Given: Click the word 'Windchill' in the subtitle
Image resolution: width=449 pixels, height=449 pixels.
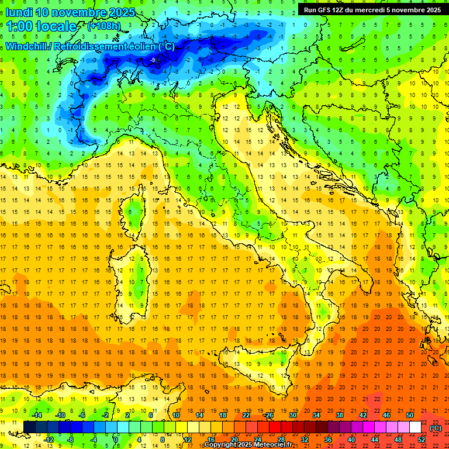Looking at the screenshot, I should pyautogui.click(x=27, y=46).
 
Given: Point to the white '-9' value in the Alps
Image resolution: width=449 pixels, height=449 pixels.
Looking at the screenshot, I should pyautogui.click(x=153, y=60).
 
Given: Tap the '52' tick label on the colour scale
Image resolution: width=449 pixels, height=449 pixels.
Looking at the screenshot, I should pyautogui.click(x=422, y=439).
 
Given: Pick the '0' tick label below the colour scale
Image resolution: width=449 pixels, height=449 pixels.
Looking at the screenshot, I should pyautogui.click(x=116, y=439).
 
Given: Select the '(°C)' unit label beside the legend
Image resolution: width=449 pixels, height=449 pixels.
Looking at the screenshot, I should pyautogui.click(x=436, y=427).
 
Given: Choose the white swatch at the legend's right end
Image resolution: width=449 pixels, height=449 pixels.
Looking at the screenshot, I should pyautogui.click(x=415, y=427).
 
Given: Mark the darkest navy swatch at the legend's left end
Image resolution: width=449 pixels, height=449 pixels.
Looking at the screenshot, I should pyautogui.click(x=29, y=427).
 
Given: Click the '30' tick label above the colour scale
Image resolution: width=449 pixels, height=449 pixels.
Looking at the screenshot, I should pyautogui.click(x=292, y=415).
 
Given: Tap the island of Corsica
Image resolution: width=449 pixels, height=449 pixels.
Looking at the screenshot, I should pyautogui.click(x=136, y=208).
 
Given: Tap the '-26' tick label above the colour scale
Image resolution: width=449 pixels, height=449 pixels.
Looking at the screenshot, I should pyautogui.click(x=268, y=415).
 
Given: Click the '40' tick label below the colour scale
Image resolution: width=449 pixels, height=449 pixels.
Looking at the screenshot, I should pyautogui.click(x=351, y=439).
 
